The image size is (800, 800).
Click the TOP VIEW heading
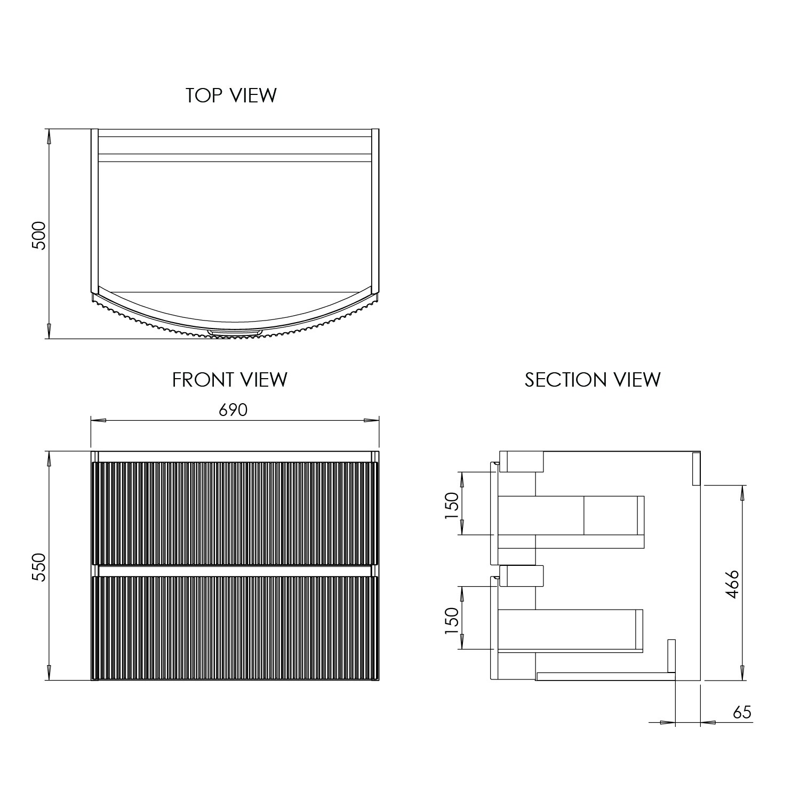point(231,95)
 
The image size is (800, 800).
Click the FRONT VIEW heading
point(229,380)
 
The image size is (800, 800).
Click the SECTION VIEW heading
point(593,380)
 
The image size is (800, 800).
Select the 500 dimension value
point(40,235)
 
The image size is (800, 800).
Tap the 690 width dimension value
point(234,410)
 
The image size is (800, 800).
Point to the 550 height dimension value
point(40,567)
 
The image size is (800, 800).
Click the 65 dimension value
point(742,712)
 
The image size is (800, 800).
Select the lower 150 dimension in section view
point(451,620)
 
